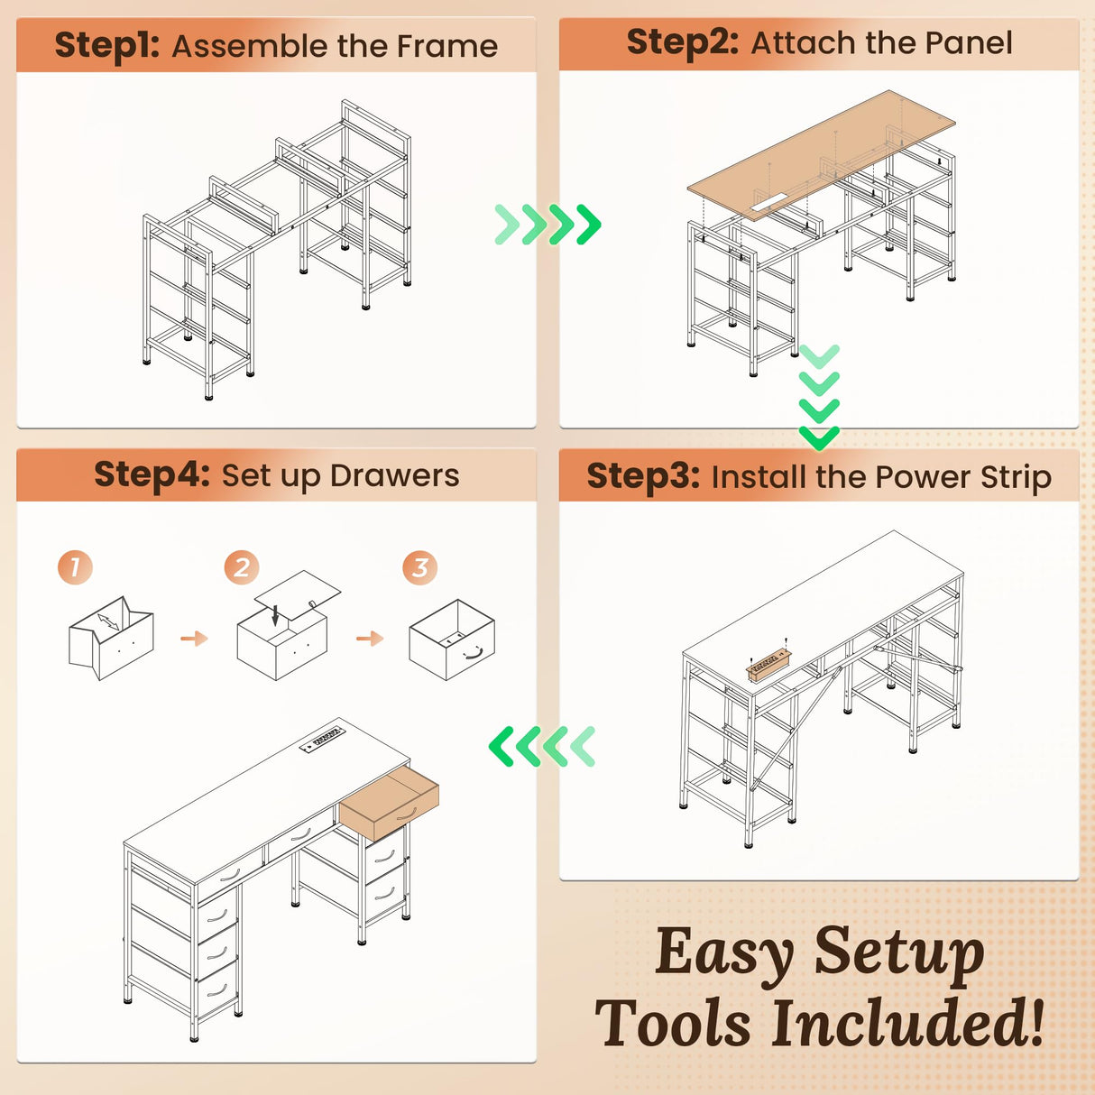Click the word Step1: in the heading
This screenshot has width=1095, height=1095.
(x=106, y=45)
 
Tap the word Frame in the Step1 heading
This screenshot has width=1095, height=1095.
(x=447, y=45)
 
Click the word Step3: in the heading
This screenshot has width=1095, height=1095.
(x=643, y=476)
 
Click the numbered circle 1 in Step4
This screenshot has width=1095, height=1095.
(x=75, y=567)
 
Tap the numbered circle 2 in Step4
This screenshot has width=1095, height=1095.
(x=242, y=567)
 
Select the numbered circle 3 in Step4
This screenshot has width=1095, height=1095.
(x=420, y=567)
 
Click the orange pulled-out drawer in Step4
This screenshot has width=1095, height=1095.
(x=390, y=803)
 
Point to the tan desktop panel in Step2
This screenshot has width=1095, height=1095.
(x=821, y=154)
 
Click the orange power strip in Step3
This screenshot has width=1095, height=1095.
(x=770, y=666)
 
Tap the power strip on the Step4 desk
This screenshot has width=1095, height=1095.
(x=323, y=738)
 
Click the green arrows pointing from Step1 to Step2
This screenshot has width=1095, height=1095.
(x=547, y=225)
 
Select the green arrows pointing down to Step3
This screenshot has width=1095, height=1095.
(x=819, y=397)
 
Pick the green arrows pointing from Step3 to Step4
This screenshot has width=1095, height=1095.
(x=542, y=746)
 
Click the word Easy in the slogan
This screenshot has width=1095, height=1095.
(x=724, y=957)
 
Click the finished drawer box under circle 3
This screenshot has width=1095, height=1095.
(x=452, y=640)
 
